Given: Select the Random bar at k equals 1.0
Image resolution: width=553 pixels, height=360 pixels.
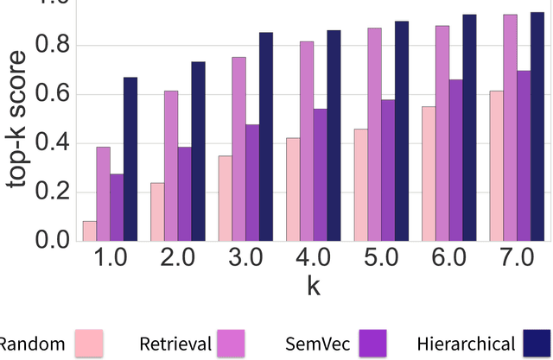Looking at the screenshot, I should tap(89, 231).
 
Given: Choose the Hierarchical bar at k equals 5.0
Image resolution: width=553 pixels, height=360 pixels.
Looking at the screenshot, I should tap(402, 130).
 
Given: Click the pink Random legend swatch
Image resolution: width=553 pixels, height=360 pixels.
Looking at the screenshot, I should tap(89, 343).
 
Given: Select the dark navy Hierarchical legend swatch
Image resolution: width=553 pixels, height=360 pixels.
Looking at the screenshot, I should tap(538, 343).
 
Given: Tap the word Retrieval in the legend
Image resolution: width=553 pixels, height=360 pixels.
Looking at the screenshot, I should tap(175, 344).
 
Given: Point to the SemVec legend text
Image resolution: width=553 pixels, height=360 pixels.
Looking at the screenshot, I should tap(315, 344).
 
